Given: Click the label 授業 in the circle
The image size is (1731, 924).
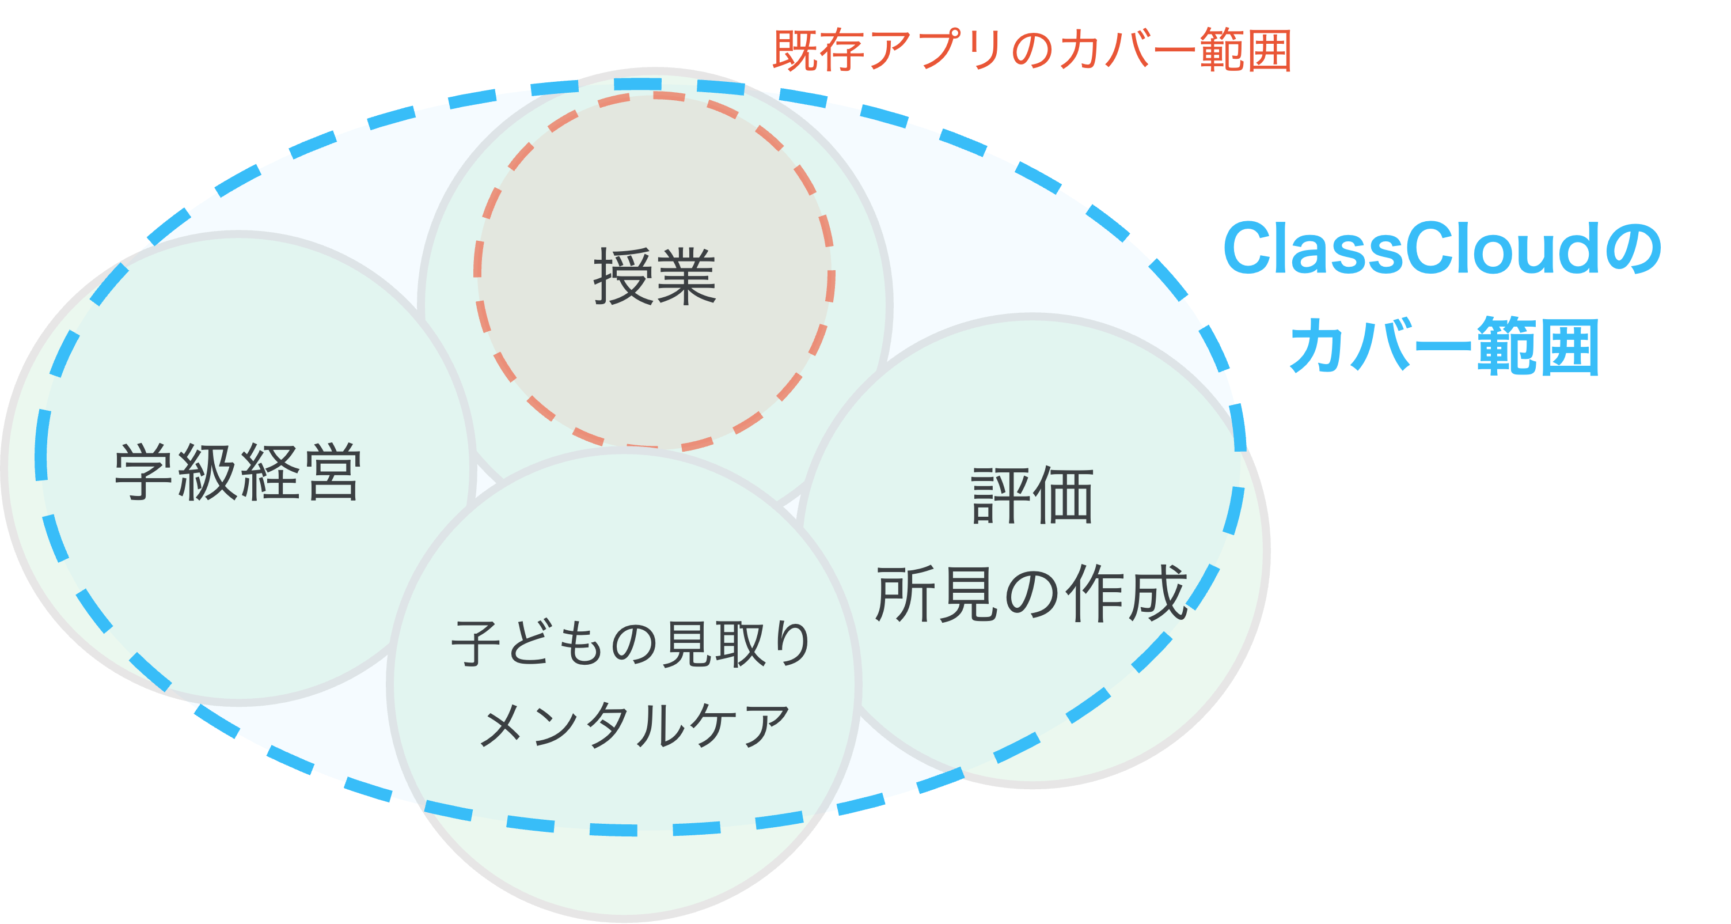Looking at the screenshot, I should click(655, 277).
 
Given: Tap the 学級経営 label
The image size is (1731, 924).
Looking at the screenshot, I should click(238, 472).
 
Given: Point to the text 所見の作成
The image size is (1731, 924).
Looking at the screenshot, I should click(1031, 594).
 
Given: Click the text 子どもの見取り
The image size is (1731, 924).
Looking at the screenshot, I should click(631, 644).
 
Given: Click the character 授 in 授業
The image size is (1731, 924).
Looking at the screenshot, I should click(623, 277).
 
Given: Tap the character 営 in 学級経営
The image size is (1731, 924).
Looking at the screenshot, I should click(332, 472).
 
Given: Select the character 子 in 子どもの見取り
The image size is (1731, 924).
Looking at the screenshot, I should click(475, 644).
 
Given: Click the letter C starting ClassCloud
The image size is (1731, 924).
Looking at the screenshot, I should click(1248, 249).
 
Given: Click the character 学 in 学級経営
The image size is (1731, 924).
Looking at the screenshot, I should click(145, 472).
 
